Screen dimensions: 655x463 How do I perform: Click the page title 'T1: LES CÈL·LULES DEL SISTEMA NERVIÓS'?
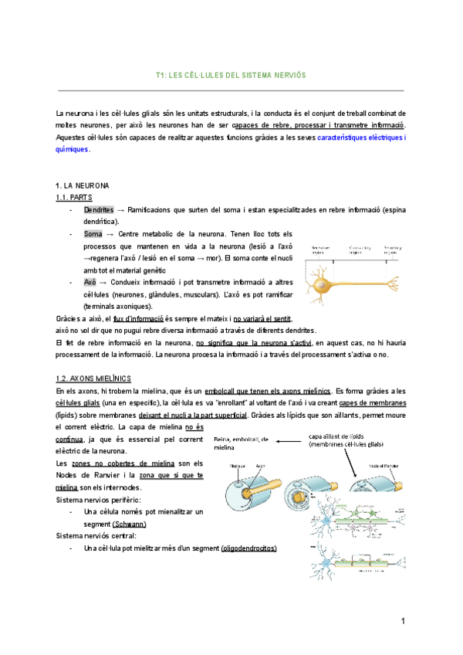[x=231, y=76]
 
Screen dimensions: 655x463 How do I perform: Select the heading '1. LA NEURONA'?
[x=83, y=187]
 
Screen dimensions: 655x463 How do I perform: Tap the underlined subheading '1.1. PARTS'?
[x=74, y=198]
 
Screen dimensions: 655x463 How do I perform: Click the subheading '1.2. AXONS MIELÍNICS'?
[x=93, y=378]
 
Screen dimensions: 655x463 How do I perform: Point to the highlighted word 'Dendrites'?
[x=99, y=210]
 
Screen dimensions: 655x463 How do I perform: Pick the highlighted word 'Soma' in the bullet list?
[x=93, y=234]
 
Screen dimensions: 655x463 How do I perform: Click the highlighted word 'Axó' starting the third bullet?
[x=90, y=283]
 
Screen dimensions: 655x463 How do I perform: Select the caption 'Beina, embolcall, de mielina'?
[x=241, y=443]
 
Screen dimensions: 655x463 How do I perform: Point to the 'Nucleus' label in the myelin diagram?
[x=237, y=467]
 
